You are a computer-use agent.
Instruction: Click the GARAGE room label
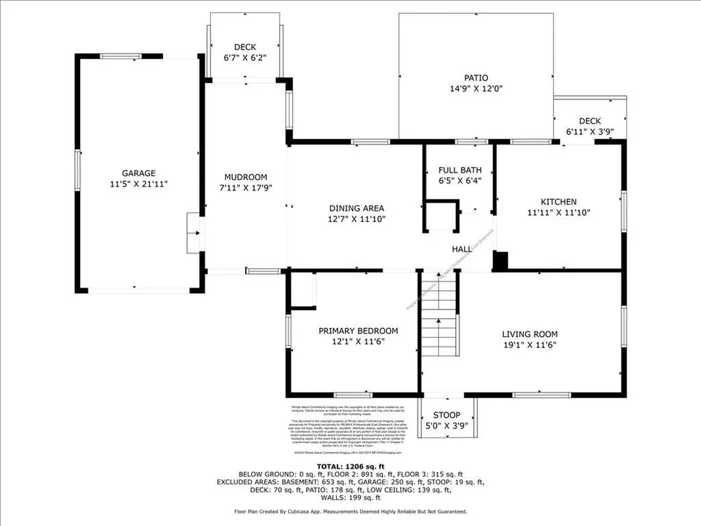click(x=139, y=173)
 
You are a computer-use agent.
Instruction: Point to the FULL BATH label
click(x=459, y=170)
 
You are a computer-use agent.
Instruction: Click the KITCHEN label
click(x=559, y=202)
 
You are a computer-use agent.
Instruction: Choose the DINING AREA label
click(x=356, y=208)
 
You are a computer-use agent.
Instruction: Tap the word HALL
click(x=463, y=249)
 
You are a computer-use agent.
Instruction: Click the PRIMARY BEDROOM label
click(x=358, y=331)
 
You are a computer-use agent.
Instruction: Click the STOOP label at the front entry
click(x=445, y=415)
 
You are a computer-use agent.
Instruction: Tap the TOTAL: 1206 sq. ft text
click(x=350, y=465)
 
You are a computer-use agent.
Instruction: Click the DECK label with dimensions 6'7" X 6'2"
click(x=244, y=47)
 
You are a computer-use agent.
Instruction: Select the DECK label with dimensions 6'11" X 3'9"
click(x=589, y=121)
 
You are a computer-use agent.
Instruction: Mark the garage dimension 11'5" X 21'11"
click(x=139, y=184)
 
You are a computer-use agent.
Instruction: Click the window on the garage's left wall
click(x=77, y=168)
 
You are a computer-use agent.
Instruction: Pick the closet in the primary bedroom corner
click(x=301, y=289)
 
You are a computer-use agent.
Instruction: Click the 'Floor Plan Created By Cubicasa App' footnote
click(x=350, y=512)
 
